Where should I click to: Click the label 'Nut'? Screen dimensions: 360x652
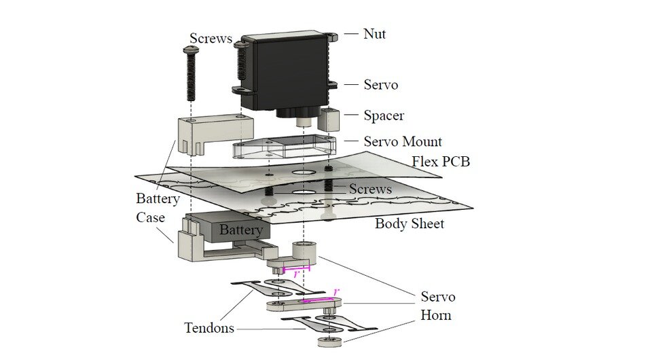click(x=374, y=33)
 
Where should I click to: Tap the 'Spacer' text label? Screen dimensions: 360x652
click(x=384, y=115)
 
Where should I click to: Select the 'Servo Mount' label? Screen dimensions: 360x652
click(x=403, y=142)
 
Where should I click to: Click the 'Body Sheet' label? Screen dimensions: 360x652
click(x=410, y=223)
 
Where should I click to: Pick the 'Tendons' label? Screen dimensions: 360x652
click(x=209, y=328)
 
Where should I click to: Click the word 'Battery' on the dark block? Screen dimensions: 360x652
click(x=240, y=230)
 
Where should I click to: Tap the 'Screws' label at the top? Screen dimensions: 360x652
click(x=210, y=38)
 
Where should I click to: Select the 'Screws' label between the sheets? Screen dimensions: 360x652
click(x=370, y=189)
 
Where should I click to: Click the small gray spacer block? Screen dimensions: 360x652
click(x=329, y=118)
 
